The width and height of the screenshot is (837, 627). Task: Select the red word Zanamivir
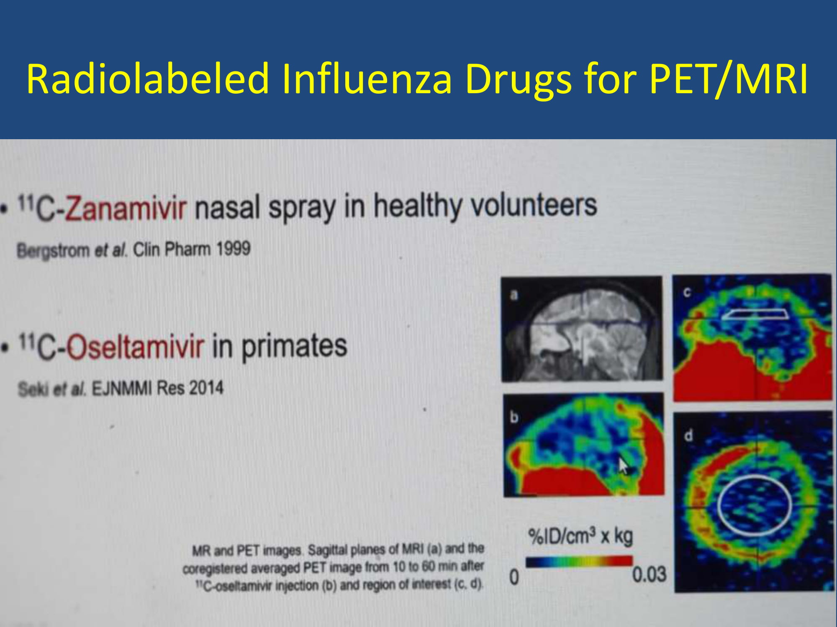tap(125, 208)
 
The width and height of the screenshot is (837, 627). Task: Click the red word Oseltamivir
tap(136, 347)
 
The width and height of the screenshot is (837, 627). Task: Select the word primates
tap(294, 347)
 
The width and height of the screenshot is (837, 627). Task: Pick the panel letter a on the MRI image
tap(514, 295)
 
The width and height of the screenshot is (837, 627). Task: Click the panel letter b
tap(514, 417)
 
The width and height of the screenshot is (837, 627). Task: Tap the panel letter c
tap(687, 292)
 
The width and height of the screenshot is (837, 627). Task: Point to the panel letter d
tap(688, 436)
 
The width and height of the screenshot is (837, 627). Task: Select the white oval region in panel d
tap(719, 505)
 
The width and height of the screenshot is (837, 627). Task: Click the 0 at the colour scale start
tap(514, 577)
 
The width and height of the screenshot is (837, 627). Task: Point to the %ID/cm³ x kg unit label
tap(580, 536)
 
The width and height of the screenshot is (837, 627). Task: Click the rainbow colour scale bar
tap(579, 561)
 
